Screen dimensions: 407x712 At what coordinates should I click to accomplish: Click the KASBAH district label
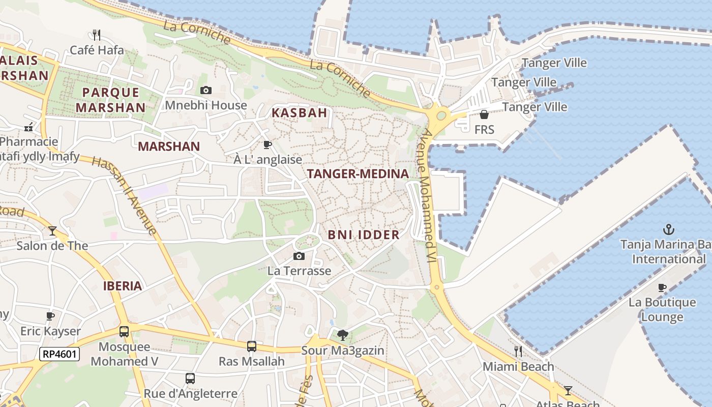click(x=299, y=113)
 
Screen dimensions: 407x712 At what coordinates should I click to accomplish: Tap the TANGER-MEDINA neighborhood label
click(x=358, y=174)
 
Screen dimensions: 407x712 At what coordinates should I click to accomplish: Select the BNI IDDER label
click(x=363, y=235)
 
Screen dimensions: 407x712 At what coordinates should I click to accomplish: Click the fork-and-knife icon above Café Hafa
click(x=97, y=35)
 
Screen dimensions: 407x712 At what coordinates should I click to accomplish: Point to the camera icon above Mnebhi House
click(x=205, y=91)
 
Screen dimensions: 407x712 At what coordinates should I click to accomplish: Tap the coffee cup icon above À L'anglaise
click(x=268, y=145)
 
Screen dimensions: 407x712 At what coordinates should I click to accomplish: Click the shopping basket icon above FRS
click(x=484, y=114)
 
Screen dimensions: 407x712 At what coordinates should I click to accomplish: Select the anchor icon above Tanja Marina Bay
click(x=669, y=229)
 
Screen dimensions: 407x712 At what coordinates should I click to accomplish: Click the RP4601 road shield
click(x=60, y=354)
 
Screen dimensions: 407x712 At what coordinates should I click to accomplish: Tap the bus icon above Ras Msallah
click(x=251, y=346)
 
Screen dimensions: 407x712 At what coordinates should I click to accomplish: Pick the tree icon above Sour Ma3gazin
click(x=343, y=335)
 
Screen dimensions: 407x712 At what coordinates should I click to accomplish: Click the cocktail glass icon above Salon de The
click(x=52, y=231)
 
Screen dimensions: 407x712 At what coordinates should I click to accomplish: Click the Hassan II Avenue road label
click(x=125, y=195)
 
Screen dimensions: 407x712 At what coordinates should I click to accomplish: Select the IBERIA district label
click(x=123, y=286)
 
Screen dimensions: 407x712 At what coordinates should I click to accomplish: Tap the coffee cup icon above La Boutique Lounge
click(x=662, y=287)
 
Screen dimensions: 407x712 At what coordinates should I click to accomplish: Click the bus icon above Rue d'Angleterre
click(x=190, y=379)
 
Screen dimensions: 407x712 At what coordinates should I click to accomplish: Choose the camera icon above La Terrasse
click(x=299, y=256)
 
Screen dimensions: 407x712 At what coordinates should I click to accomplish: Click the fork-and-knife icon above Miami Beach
click(x=518, y=351)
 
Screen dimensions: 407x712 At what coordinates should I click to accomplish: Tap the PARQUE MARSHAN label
click(x=111, y=100)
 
